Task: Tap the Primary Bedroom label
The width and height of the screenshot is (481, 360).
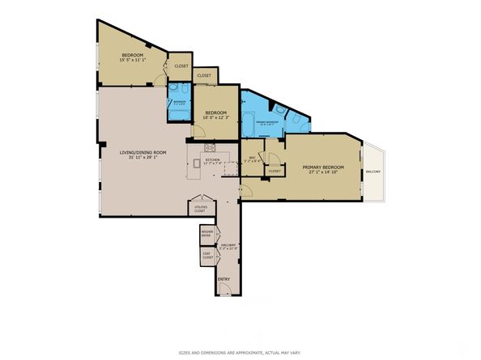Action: (323, 167)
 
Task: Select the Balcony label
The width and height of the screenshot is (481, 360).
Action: (373, 172)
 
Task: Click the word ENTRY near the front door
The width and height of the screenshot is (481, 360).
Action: (223, 279)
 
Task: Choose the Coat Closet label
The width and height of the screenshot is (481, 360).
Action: (206, 256)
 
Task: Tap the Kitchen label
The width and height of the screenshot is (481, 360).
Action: (212, 159)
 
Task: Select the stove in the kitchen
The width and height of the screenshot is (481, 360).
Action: (211, 148)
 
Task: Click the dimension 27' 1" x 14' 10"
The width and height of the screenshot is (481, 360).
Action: (323, 172)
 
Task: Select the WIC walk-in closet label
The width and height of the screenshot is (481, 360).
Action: (253, 158)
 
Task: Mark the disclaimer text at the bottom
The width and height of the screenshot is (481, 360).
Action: (240, 353)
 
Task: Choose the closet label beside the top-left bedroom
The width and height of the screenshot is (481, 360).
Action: (181, 66)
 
